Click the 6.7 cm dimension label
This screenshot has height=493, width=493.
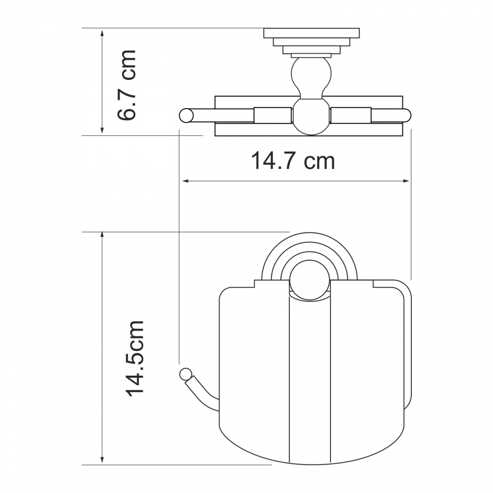click(126, 85)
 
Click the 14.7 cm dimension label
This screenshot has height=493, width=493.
click(293, 161)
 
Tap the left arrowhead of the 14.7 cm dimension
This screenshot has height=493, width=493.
click(185, 181)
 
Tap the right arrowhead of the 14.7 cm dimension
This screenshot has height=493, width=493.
click(406, 181)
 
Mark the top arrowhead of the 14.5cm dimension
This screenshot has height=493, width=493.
click(102, 236)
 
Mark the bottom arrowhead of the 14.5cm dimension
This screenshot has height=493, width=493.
click(102, 461)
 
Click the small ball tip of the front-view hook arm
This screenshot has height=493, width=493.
click(185, 374)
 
